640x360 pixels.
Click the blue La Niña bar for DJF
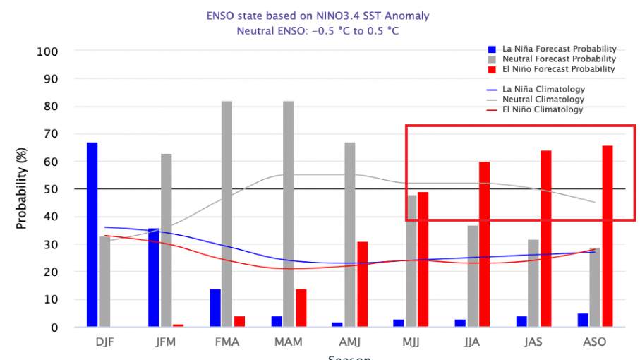pyautogui.click(x=92, y=235)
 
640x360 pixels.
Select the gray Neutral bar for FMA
pyautogui.click(x=227, y=214)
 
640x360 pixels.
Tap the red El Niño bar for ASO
pyautogui.click(x=608, y=236)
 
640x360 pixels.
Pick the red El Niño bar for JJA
pyautogui.click(x=485, y=244)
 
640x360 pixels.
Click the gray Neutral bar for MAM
pyautogui.click(x=289, y=214)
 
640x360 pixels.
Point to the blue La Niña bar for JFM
pyautogui.click(x=154, y=277)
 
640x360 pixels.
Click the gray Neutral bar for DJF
pyautogui.click(x=105, y=282)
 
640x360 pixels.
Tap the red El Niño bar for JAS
pyautogui.click(x=546, y=239)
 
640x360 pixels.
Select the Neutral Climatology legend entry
pyautogui.click(x=536, y=100)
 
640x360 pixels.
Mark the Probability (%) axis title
pyautogui.click(x=22, y=189)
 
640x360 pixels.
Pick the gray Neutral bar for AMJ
pyautogui.click(x=350, y=235)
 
